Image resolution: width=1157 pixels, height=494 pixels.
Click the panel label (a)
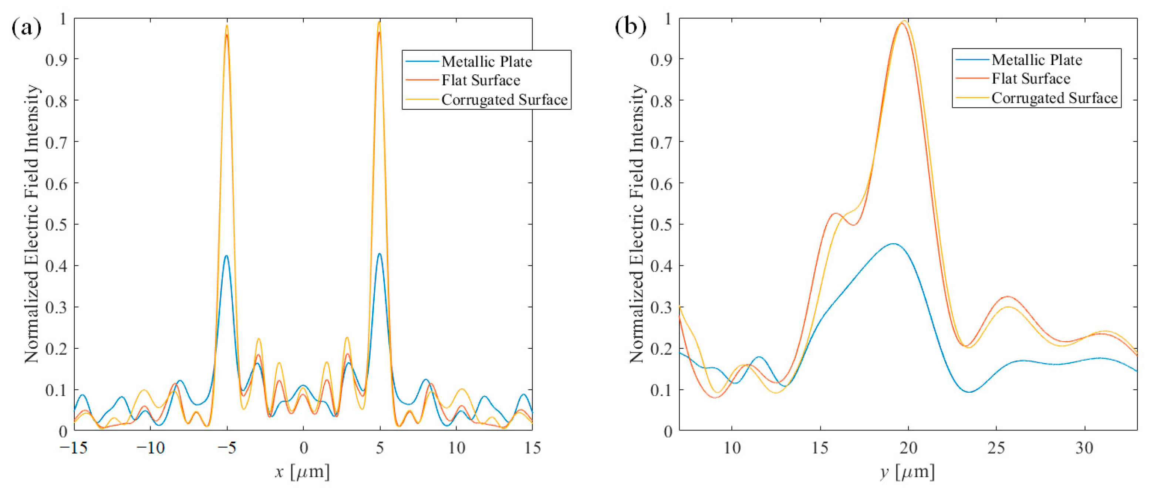tap(26, 28)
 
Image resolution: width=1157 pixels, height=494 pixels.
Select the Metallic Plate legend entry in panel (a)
tap(486, 61)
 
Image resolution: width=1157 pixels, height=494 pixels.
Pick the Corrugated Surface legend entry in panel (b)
tap(1054, 98)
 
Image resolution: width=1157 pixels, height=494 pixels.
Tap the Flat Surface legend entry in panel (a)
tap(480, 80)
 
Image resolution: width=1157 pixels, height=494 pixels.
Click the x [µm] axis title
tap(302, 472)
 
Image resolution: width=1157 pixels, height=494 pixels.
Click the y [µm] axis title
tap(907, 472)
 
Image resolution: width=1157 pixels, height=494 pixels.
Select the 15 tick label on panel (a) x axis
tap(532, 448)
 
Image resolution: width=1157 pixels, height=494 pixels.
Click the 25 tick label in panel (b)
tap(996, 448)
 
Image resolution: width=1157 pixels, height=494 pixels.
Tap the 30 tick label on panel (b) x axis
tap(1084, 448)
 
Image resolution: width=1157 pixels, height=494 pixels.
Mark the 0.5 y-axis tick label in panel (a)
tap(56, 224)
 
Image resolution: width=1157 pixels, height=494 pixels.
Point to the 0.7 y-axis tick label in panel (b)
tap(661, 142)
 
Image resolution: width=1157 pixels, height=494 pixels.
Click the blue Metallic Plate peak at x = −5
tap(226, 256)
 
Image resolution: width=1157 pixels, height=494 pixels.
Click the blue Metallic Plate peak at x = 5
tap(380, 254)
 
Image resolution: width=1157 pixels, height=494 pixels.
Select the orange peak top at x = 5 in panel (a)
tap(379, 23)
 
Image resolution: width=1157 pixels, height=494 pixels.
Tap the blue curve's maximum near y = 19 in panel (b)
tap(893, 244)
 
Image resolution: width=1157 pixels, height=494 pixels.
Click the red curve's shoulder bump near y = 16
tap(836, 213)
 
